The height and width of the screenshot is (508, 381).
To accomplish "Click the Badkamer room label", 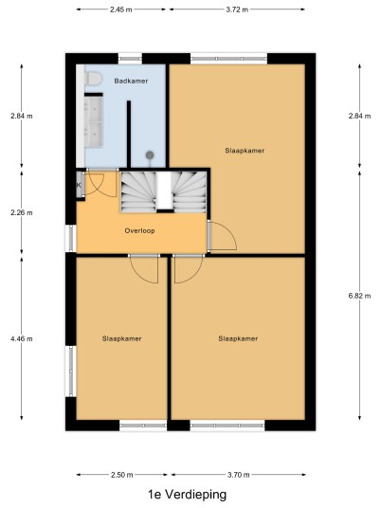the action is pos(131,81).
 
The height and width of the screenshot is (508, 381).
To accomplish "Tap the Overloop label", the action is pos(139,230).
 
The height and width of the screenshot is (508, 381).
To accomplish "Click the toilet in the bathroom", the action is pos(93,79).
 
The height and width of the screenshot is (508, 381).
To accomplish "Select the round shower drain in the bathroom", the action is pos(150,155).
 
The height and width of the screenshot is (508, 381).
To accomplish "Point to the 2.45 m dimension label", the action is pos(121,9).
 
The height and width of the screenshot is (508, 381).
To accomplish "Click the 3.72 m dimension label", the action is pos(237,9).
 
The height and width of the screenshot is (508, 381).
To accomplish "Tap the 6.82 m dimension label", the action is pos(359,296).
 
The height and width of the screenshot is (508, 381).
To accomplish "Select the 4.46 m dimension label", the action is pos(22,339).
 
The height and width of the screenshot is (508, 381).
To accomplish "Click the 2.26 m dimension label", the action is pos(22,212).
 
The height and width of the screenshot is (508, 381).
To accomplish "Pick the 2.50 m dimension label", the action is pos(122,475).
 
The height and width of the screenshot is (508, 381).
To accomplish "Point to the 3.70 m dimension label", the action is pos(239,475).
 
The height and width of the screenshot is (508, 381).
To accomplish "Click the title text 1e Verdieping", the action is pos(188,495).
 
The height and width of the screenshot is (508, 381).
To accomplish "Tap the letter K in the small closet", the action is pos(79,186).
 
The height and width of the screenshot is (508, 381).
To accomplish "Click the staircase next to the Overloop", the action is pos(164,191).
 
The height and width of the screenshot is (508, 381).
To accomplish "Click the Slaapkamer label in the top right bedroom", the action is pos(245,151).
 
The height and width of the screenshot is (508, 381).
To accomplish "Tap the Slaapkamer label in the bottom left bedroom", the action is pos(122,338).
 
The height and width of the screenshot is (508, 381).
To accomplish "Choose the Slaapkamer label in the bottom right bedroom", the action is pos(238,338).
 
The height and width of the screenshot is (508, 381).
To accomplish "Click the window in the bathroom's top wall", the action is pos(130,59).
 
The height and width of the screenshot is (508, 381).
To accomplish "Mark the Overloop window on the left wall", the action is pos(71,239).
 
